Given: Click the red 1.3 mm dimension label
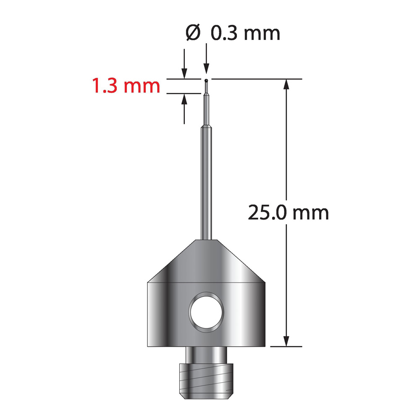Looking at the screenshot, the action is (126, 85).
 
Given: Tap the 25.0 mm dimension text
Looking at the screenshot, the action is (288, 213).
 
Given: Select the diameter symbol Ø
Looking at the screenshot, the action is (193, 33).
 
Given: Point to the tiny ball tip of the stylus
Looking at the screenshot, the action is (206, 80).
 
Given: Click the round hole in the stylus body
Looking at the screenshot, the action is (206, 311).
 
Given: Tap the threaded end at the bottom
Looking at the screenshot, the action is (206, 381).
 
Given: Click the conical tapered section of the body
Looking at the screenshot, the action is (206, 261).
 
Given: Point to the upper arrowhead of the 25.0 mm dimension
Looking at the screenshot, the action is (286, 84).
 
